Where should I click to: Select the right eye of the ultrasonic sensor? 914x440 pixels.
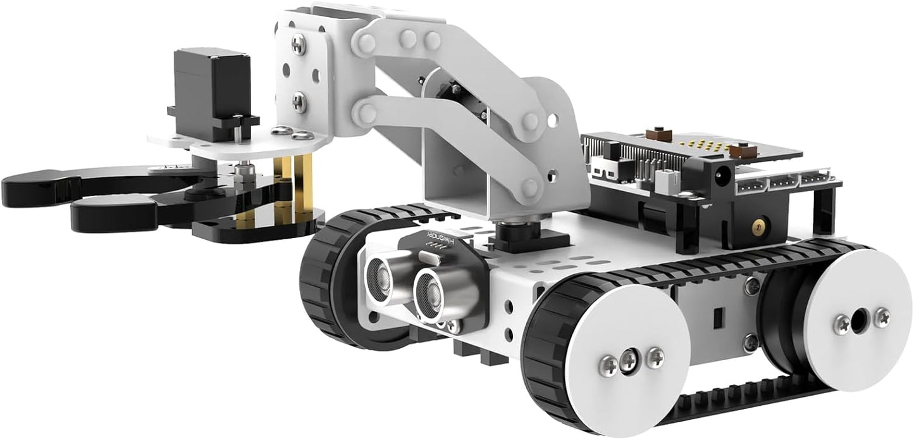point(432,293)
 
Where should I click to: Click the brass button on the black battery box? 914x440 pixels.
point(757,225)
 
